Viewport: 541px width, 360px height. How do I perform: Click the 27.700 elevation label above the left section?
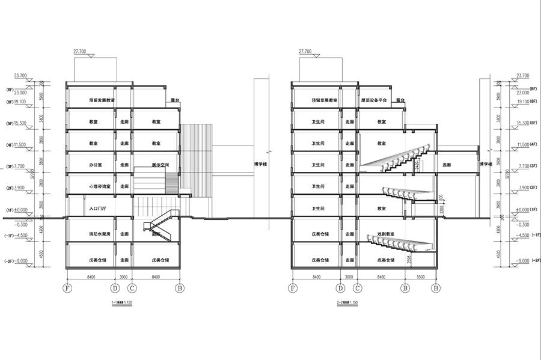point(82,52)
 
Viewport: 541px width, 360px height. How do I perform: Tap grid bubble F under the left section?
point(67,288)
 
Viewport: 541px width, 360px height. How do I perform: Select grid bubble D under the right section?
point(340,288)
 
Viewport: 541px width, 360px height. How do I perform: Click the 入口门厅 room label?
point(97,209)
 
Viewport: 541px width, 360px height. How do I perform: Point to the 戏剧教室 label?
point(385,234)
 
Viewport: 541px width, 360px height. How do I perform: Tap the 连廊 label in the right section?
point(447,165)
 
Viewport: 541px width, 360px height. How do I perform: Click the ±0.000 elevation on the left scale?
point(20,210)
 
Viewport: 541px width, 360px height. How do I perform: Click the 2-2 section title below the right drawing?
point(347,302)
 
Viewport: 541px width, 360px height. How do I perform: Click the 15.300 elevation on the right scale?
point(524,123)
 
